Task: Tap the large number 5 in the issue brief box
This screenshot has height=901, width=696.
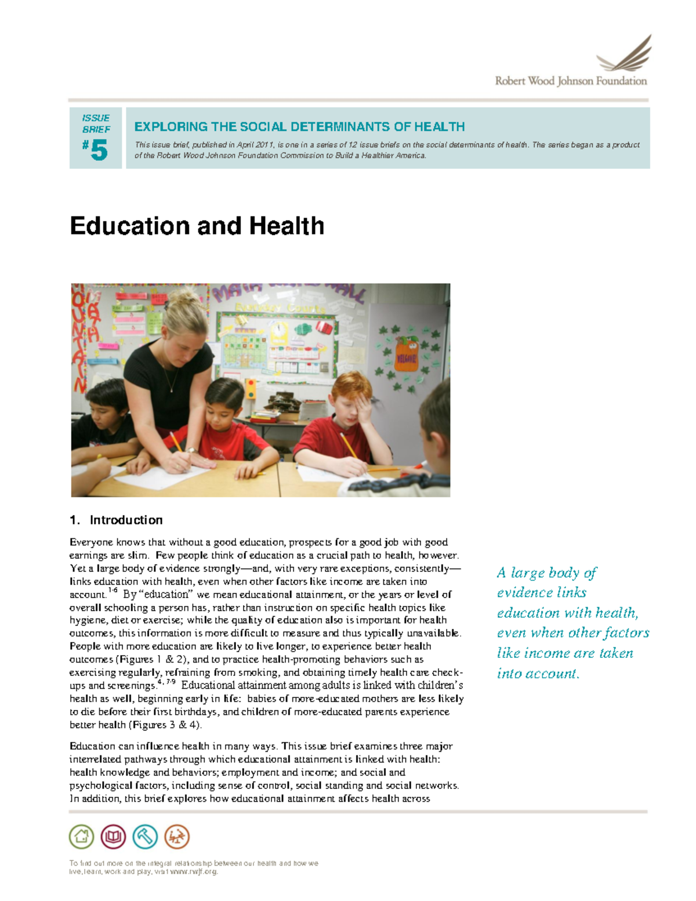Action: coord(99,151)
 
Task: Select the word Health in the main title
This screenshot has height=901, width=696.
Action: coord(287,226)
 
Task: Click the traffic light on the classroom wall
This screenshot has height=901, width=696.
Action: coord(251,389)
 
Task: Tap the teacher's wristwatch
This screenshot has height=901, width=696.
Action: coord(190,450)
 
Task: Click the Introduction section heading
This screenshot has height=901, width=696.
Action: coord(126,520)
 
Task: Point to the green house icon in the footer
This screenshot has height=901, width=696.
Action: coord(81,837)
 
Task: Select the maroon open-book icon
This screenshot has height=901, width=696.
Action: coord(113,837)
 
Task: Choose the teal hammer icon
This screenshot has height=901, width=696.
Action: coord(145,837)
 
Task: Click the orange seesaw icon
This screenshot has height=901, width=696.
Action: coord(177,837)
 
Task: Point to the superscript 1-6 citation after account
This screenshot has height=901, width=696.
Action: coord(113,591)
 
